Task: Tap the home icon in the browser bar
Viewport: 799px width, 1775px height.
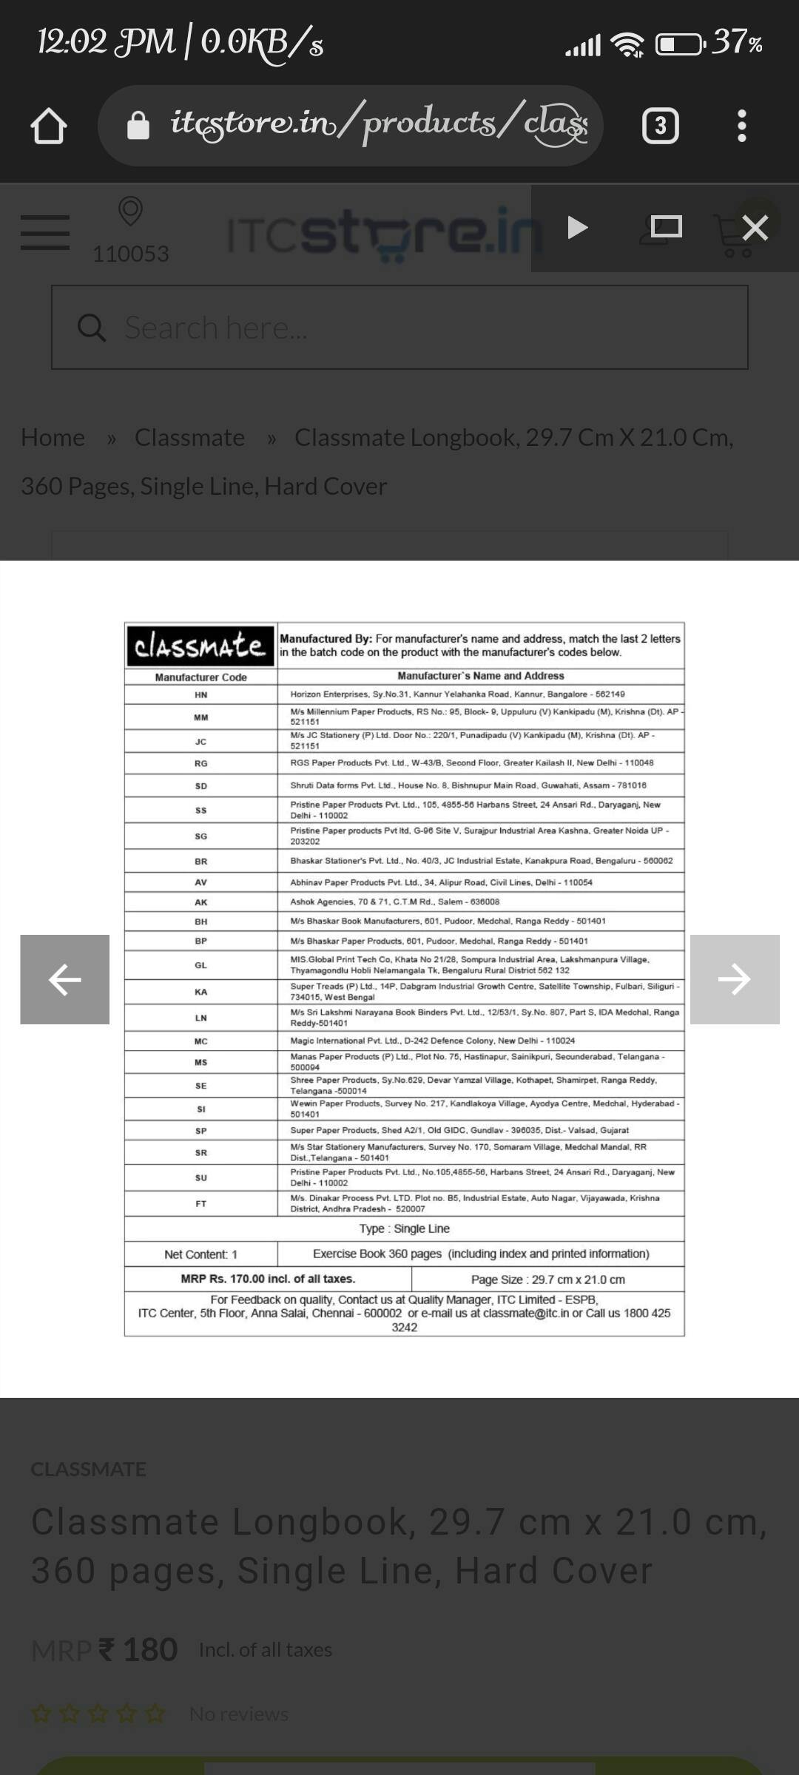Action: pyautogui.click(x=49, y=126)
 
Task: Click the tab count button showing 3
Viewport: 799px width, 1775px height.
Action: pyautogui.click(x=660, y=126)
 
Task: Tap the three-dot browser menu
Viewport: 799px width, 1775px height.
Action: pyautogui.click(x=742, y=126)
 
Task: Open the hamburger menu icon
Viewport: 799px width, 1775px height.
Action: pyautogui.click(x=45, y=232)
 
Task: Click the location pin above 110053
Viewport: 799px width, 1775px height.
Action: pyautogui.click(x=130, y=212)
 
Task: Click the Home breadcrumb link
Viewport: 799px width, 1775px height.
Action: pyautogui.click(x=53, y=437)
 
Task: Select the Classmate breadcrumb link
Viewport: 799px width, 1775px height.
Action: pyautogui.click(x=189, y=437)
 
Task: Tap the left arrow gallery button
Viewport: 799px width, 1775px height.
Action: pyautogui.click(x=65, y=979)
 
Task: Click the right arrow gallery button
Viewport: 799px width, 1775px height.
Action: pyautogui.click(x=734, y=979)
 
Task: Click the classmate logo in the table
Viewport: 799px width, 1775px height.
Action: pyautogui.click(x=200, y=646)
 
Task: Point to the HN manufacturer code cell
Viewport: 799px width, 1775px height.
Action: pyautogui.click(x=201, y=694)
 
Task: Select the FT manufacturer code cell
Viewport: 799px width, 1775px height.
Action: pyautogui.click(x=201, y=1203)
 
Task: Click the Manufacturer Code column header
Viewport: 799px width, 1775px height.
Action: pyautogui.click(x=201, y=677)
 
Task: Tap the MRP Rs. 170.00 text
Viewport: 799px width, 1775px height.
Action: pyautogui.click(x=268, y=1279)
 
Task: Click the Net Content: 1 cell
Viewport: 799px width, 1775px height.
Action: pyautogui.click(x=201, y=1254)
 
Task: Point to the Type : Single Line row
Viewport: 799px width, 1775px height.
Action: pyautogui.click(x=404, y=1228)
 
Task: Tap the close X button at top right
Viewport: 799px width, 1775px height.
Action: pyautogui.click(x=755, y=228)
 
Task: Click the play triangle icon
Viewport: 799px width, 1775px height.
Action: pyautogui.click(x=577, y=227)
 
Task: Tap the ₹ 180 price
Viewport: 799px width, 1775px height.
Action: pyautogui.click(x=138, y=1649)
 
